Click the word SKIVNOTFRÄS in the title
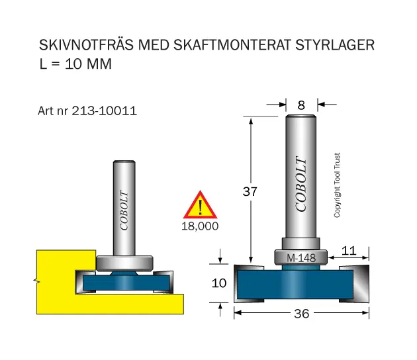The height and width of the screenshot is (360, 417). [86, 44]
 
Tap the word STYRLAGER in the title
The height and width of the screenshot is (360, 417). [335, 45]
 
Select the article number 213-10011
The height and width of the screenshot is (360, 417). [105, 111]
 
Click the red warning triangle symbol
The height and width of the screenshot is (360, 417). [200, 204]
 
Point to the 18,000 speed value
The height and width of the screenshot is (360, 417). [200, 226]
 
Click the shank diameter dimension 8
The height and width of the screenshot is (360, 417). [301, 105]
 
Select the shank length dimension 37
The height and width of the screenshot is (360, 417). [250, 191]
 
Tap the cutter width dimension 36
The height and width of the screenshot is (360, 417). [302, 314]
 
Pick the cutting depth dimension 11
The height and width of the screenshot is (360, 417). [349, 251]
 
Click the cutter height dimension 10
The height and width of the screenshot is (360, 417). [219, 283]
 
